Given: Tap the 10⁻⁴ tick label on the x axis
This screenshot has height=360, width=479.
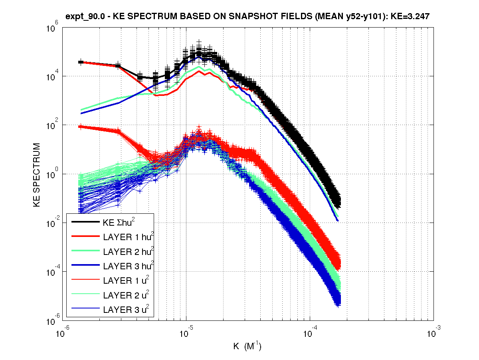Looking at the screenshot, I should (x=309, y=332).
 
